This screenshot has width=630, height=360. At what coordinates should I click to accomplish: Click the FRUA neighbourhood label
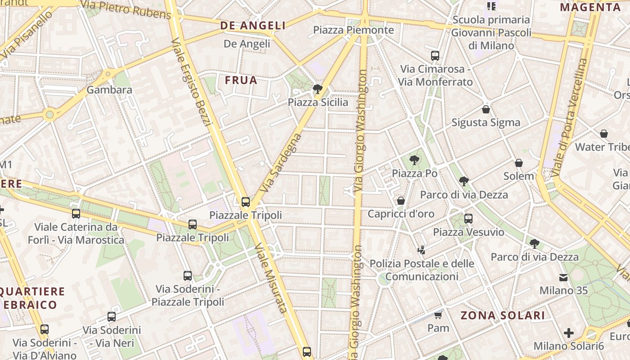click(241, 81)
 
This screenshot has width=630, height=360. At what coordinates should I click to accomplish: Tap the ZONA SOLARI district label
click(502, 315)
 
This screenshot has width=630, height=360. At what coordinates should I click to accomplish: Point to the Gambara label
click(109, 90)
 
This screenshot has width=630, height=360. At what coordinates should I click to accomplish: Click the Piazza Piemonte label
click(353, 30)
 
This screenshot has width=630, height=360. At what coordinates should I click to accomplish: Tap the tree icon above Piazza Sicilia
click(318, 89)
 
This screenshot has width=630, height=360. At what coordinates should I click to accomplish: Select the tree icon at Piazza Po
click(414, 160)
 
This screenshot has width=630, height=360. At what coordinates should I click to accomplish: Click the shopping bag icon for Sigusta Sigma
click(486, 109)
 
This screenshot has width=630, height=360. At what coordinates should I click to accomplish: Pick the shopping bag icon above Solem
click(519, 163)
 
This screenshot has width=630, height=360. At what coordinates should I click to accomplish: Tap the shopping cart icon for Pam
click(438, 315)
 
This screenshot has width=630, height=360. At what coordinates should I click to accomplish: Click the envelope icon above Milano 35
click(563, 277)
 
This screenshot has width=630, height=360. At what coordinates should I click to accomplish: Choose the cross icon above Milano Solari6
click(569, 333)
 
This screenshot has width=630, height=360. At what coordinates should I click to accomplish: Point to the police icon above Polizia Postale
click(422, 250)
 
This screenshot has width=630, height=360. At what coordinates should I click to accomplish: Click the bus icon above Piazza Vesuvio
click(468, 219)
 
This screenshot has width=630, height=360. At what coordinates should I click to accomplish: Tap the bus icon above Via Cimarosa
click(435, 56)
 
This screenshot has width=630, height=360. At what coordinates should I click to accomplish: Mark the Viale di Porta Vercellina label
click(570, 117)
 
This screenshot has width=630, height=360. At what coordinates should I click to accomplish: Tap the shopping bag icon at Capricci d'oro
click(401, 201)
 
